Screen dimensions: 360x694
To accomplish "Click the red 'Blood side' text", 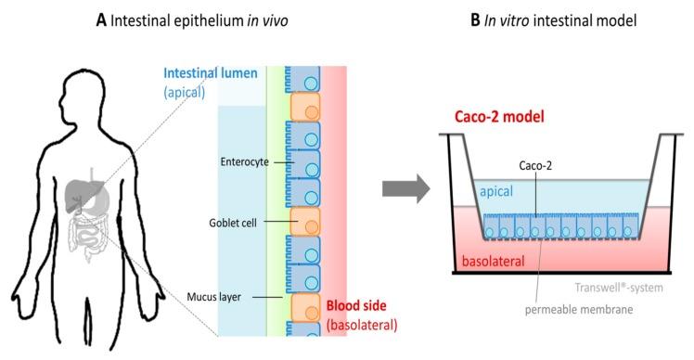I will point(359,305).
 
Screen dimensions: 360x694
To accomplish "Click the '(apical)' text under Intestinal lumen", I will point(190,93).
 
